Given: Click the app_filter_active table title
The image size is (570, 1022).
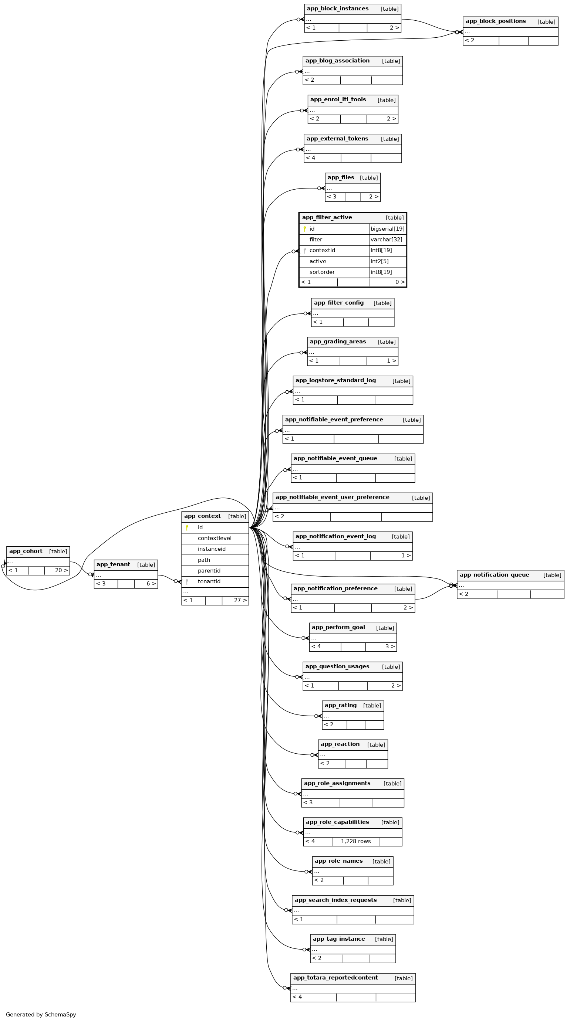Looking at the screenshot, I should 327,217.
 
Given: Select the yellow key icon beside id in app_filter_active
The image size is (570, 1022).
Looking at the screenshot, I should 304,229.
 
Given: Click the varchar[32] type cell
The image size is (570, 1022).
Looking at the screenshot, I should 386,240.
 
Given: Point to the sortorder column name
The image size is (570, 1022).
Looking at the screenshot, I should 322,272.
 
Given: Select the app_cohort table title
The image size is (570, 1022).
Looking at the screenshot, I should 26,551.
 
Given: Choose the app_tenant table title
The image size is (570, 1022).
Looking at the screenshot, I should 113,564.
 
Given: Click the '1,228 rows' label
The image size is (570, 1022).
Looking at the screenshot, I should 356,842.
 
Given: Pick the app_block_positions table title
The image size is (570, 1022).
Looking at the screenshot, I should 495,21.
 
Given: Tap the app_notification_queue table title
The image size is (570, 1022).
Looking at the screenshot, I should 494,575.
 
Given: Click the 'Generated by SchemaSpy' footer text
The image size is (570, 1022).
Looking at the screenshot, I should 41,1015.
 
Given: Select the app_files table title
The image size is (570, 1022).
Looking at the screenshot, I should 341,178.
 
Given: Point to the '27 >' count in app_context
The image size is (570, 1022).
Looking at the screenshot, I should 240,600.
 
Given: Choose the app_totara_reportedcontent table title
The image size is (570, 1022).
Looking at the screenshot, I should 335,978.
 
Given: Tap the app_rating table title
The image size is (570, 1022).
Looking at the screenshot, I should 341,705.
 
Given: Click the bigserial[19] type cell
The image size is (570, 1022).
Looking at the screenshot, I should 387,229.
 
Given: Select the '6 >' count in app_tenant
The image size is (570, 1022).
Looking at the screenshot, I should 151,584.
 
